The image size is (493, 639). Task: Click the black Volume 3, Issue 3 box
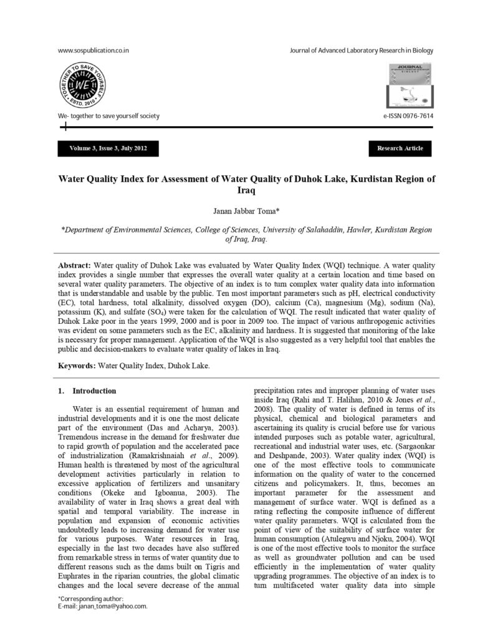point(108,149)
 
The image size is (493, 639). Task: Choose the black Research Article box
point(400,149)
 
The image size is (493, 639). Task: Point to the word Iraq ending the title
point(247,190)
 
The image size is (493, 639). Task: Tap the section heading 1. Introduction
point(87,391)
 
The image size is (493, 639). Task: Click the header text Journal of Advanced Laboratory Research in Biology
point(361,51)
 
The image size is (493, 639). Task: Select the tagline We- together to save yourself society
point(108,116)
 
